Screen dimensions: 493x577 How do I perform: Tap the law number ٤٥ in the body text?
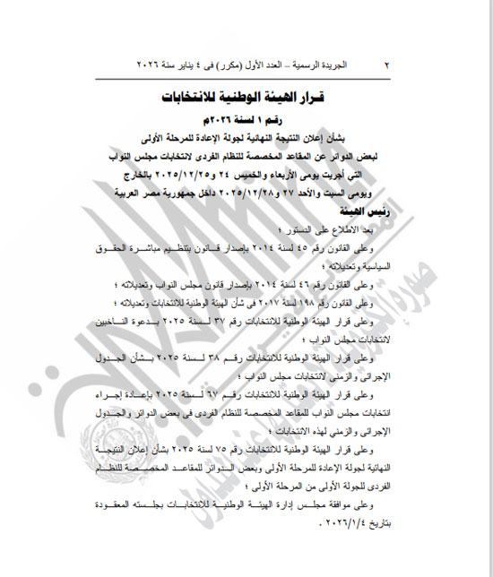point(331,245)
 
